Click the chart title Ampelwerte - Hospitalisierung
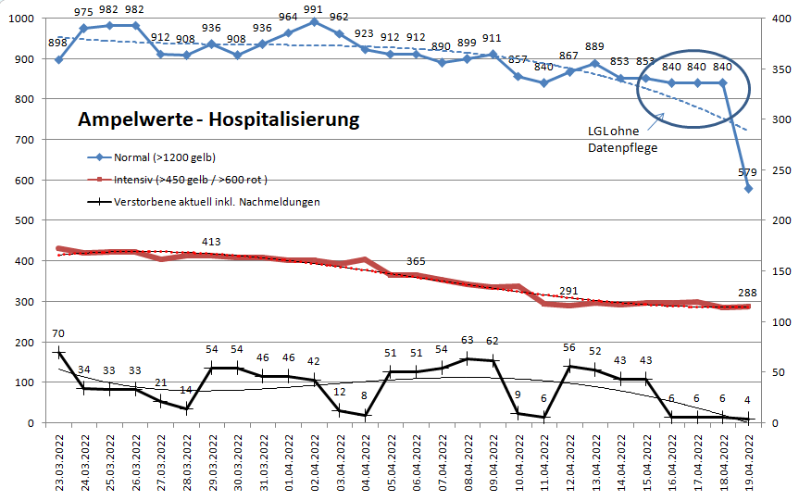coord(218,120)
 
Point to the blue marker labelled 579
coord(749,188)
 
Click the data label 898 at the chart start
coord(57,44)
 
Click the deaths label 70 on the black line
coord(57,333)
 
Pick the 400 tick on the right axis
coord(780,19)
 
